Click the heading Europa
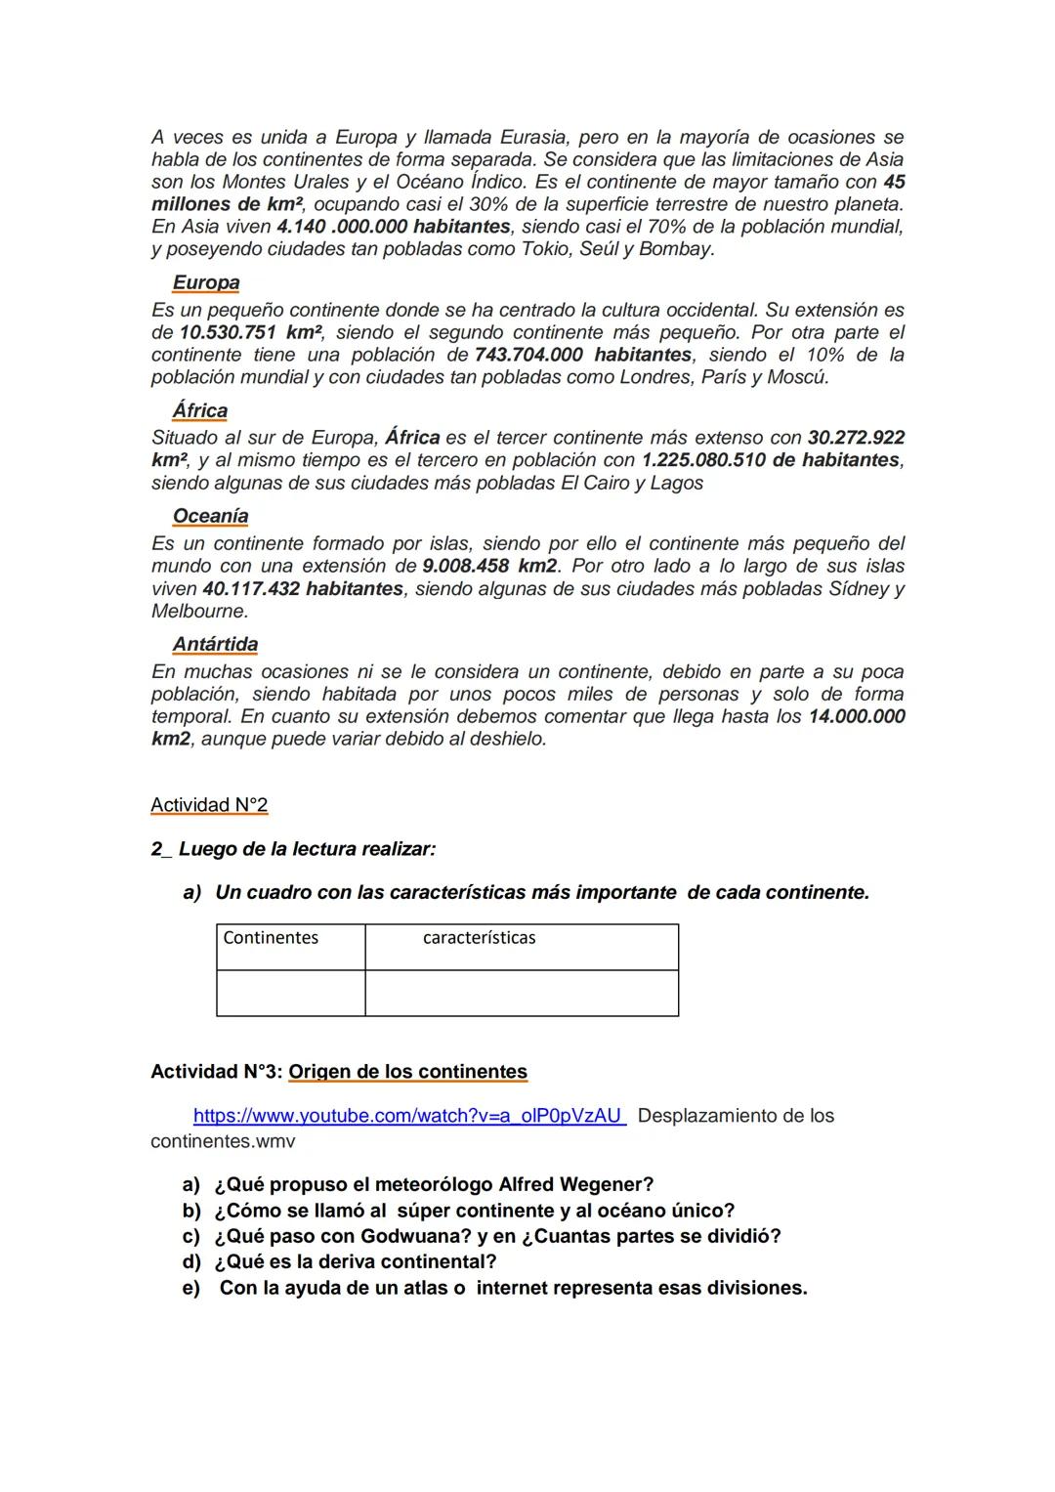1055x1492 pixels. pyautogui.click(x=206, y=282)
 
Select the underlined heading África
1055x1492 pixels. pyautogui.click(x=200, y=410)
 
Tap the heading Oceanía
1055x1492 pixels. pyautogui.click(x=210, y=516)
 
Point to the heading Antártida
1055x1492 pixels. pyautogui.click(x=215, y=644)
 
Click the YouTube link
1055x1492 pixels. pyautogui.click(x=407, y=1116)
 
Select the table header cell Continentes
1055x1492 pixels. pyautogui.click(x=271, y=938)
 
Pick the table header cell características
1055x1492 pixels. pyautogui.click(x=479, y=938)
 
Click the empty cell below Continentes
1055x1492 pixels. pyautogui.click(x=291, y=993)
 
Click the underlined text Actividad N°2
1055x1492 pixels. pyautogui.click(x=209, y=805)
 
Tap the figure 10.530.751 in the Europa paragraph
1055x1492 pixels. pyautogui.click(x=228, y=332)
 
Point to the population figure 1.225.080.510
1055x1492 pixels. pyautogui.click(x=702, y=460)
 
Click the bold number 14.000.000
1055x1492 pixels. pyautogui.click(x=857, y=716)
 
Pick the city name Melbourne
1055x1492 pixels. pyautogui.click(x=198, y=612)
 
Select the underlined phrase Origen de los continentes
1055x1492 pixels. pyautogui.click(x=407, y=1072)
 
